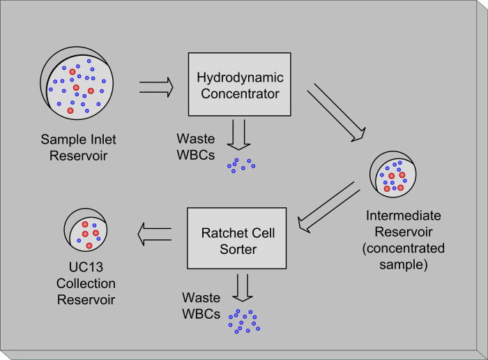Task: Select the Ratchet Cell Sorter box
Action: coord(236,239)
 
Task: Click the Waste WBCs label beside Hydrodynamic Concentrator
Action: coord(195,147)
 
